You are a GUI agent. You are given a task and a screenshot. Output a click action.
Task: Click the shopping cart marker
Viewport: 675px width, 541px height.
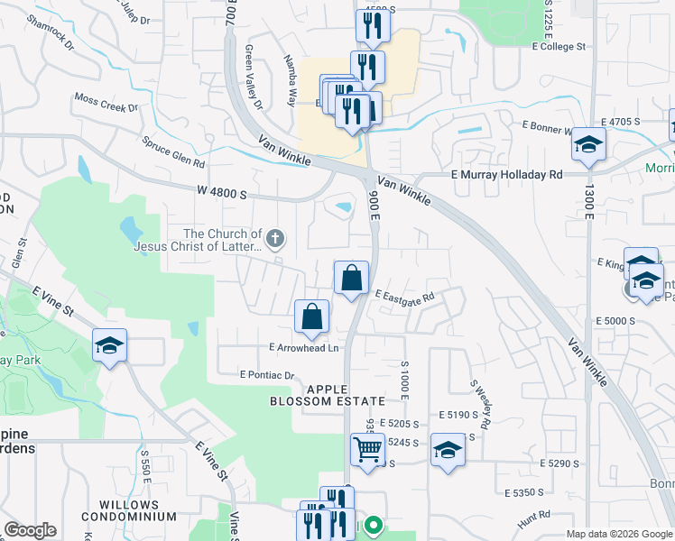point(367,449)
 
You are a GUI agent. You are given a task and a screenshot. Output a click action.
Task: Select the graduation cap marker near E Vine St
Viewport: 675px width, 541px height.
point(110,346)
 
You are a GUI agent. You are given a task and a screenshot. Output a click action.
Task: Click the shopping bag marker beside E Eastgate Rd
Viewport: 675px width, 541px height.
point(352,278)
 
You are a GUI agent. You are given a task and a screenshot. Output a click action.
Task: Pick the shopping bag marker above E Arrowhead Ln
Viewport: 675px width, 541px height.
point(311,316)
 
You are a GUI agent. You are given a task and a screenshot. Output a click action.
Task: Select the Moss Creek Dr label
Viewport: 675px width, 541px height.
point(106,102)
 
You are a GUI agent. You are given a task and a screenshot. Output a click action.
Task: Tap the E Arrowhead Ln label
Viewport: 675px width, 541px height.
point(303,348)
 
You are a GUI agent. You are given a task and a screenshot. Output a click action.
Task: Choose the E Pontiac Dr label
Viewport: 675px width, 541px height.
point(267,374)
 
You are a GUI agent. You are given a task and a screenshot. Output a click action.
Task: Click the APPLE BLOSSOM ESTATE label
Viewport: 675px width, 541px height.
point(333,394)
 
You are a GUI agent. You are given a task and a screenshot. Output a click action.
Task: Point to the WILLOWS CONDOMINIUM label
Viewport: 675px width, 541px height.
point(129,510)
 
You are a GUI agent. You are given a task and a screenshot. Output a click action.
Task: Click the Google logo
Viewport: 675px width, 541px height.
point(30,530)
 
